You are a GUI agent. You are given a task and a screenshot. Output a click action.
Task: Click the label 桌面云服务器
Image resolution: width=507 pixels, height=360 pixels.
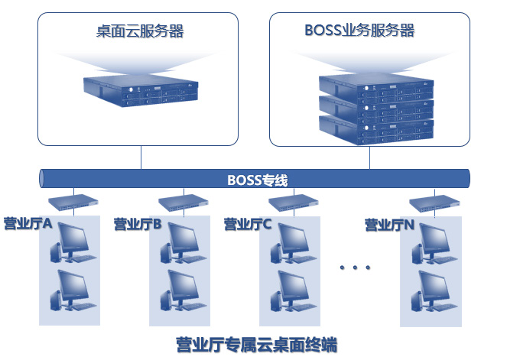pyautogui.click(x=140, y=31)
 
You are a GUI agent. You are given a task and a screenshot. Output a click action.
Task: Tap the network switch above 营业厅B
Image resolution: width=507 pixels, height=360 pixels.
pyautogui.click(x=184, y=203)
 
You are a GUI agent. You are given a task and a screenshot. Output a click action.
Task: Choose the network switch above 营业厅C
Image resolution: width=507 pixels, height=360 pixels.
pyautogui.click(x=293, y=203)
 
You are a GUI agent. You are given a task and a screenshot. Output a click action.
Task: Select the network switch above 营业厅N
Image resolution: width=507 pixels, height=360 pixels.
pyautogui.click(x=434, y=204)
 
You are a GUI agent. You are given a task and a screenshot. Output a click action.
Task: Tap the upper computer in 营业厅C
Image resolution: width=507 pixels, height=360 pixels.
pyautogui.click(x=292, y=242)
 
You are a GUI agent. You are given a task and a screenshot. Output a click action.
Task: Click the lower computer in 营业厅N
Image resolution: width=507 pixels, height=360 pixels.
pyautogui.click(x=433, y=291)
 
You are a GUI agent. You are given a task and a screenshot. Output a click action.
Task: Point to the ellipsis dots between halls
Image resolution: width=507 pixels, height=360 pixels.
pyautogui.click(x=355, y=268)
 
